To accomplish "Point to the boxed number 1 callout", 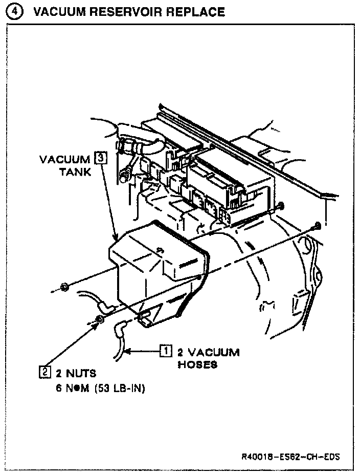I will (166, 351).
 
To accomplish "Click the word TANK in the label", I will (74, 172).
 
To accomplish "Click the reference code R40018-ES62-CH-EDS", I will (291, 456).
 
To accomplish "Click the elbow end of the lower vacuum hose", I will (121, 328).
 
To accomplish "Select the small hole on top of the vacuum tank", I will (160, 250).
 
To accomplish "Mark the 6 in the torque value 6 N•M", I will (59, 388).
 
